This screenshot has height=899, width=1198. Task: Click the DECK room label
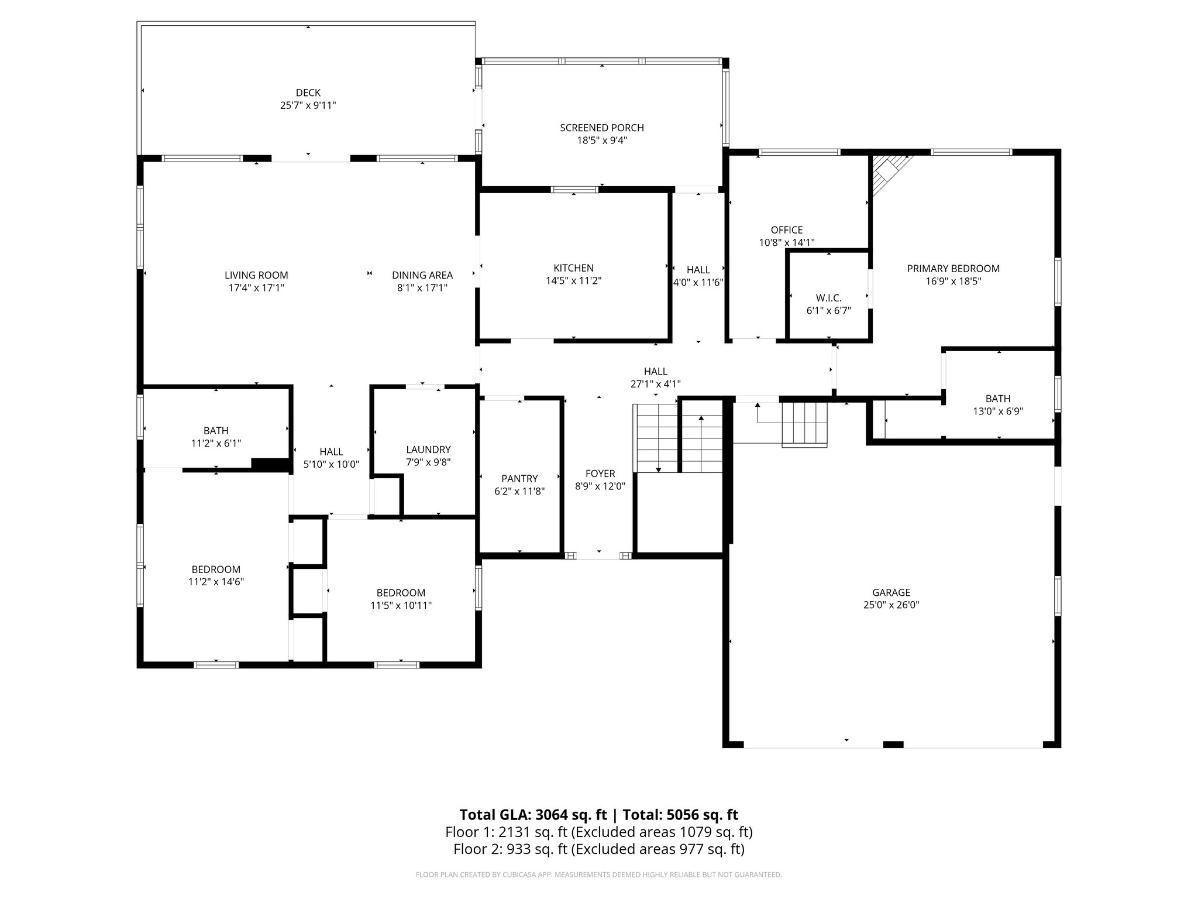[x=308, y=92]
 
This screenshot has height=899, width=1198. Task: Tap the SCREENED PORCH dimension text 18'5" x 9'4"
[x=601, y=140]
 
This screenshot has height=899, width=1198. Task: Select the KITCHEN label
[x=573, y=268]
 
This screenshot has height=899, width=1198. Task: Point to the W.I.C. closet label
[x=828, y=298]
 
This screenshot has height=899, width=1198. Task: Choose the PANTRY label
[x=519, y=479]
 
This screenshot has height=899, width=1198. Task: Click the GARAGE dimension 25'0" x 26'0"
[x=891, y=605]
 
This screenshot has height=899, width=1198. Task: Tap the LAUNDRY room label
[x=428, y=449]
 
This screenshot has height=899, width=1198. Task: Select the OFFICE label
[x=786, y=230]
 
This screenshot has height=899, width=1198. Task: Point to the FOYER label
[x=600, y=473]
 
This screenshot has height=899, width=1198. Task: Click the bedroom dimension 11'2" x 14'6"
[x=216, y=582]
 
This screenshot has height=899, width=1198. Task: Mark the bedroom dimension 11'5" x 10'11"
[x=401, y=605]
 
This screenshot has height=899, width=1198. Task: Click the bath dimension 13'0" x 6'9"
[x=997, y=411]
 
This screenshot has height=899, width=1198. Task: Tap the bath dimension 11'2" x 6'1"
[x=216, y=444]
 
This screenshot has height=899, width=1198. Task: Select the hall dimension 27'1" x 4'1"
[x=655, y=384]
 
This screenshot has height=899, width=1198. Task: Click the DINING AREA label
[x=422, y=275]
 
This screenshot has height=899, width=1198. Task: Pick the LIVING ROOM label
[x=256, y=275]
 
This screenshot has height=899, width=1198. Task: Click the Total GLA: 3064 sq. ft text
[x=535, y=815]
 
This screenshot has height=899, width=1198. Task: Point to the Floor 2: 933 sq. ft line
[x=598, y=849]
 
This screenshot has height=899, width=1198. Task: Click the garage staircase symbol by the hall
[x=805, y=424]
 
